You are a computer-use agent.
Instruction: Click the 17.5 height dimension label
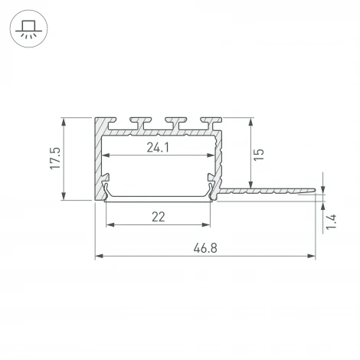tap(55, 158)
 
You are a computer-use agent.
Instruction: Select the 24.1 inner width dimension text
tap(158, 147)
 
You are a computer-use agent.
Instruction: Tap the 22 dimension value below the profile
tap(159, 217)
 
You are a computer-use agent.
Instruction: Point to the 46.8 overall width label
tap(205, 248)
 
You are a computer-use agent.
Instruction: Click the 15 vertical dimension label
tap(259, 155)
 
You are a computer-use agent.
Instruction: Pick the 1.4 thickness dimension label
tap(332, 222)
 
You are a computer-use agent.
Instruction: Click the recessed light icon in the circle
tap(28, 29)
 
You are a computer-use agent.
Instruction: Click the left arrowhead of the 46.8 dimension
tap(99, 256)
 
